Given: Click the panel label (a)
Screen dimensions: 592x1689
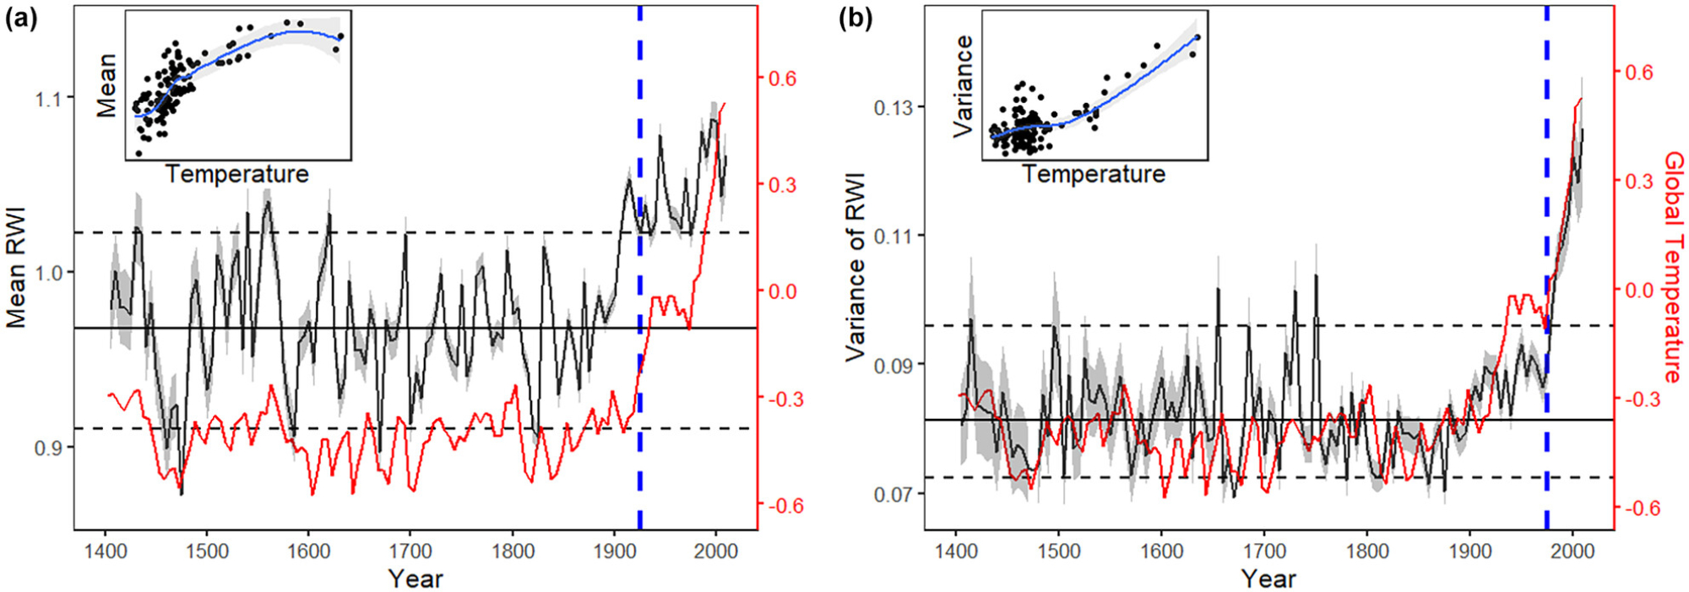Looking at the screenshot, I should pyautogui.click(x=21, y=19).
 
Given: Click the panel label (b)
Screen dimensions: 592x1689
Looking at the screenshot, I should pyautogui.click(x=855, y=19).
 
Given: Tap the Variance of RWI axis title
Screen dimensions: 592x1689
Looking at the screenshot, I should pyautogui.click(x=855, y=268).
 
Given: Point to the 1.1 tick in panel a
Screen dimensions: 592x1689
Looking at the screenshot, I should pyautogui.click(x=50, y=99).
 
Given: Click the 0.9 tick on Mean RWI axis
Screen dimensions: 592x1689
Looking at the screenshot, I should pyautogui.click(x=50, y=448).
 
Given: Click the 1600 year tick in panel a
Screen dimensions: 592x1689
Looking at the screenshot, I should pyautogui.click(x=308, y=551).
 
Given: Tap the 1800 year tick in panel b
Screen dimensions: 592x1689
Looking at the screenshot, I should pyautogui.click(x=1366, y=551).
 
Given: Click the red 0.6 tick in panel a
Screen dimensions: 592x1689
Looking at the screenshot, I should pyautogui.click(x=781, y=79).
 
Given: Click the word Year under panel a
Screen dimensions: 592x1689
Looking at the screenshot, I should pyautogui.click(x=415, y=579).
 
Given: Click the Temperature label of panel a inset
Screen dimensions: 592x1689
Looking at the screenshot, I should pyautogui.click(x=237, y=175).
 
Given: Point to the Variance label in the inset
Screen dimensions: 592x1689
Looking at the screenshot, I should pyautogui.click(x=964, y=87).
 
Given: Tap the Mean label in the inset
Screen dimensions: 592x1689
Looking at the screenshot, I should pyautogui.click(x=107, y=85).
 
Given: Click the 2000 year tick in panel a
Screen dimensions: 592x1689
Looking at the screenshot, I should pyautogui.click(x=716, y=551).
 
